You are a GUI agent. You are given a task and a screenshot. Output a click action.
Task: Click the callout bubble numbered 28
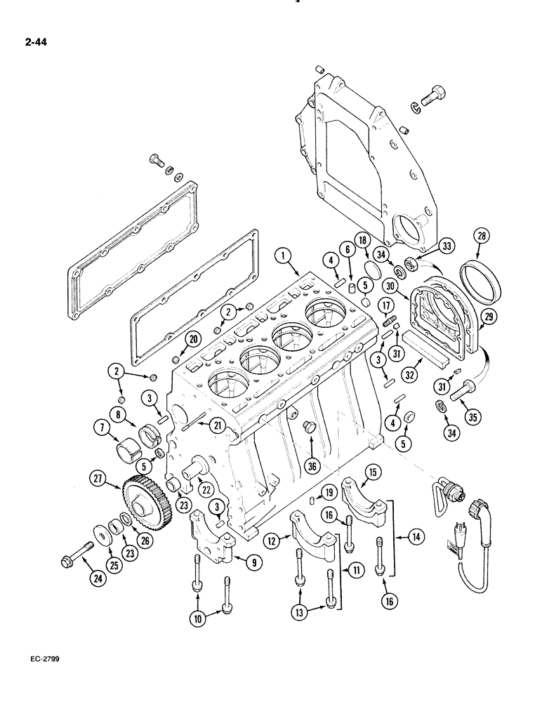click(481, 237)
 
